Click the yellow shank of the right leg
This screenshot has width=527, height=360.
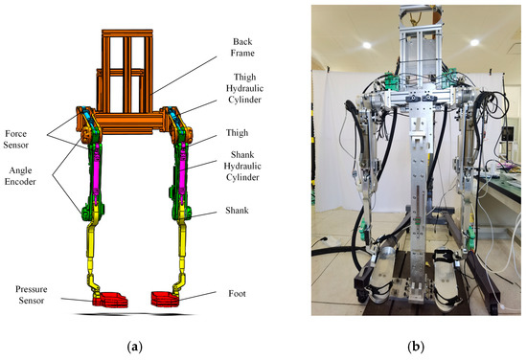182,244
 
